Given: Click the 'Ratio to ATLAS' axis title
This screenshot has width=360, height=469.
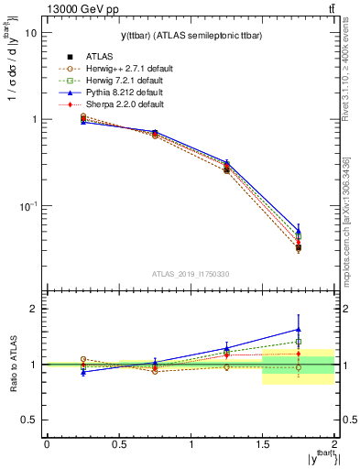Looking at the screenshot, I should coord(12,364).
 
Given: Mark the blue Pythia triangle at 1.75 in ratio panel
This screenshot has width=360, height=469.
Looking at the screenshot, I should coord(298,330).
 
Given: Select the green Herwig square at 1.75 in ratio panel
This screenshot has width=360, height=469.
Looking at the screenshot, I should coord(298,342).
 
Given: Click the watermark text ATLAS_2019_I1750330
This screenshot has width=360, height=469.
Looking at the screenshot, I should coord(190,274).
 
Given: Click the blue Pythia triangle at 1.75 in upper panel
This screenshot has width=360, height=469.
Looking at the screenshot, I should coord(298,231).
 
